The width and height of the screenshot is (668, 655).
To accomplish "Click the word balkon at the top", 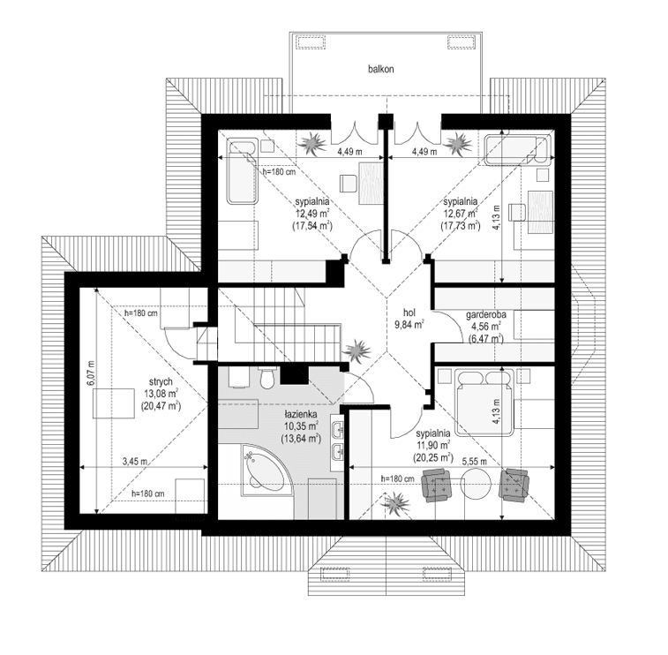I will pyautogui.click(x=381, y=68).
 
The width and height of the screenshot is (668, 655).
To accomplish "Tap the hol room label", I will pyautogui.click(x=409, y=312).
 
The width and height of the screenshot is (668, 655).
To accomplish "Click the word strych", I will pyautogui.click(x=161, y=382).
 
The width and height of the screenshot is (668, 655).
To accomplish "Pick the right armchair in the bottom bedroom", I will pyautogui.click(x=514, y=485).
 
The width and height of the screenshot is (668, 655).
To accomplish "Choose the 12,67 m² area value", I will pyautogui.click(x=460, y=213).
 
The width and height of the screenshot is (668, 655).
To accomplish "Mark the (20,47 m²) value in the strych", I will pyautogui.click(x=161, y=406).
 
